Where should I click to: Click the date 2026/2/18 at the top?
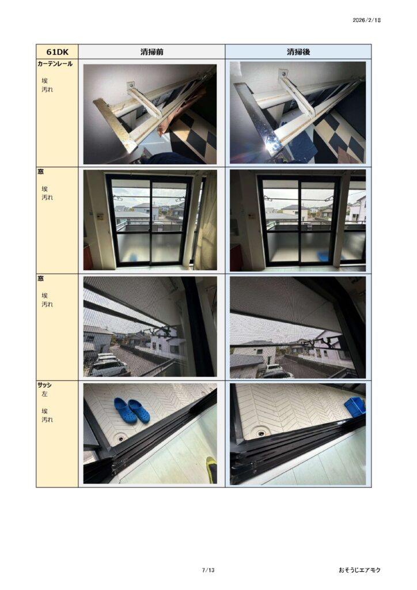tap(366, 20)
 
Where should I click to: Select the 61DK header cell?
tap(57, 51)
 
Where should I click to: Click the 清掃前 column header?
tap(151, 51)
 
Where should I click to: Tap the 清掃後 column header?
tap(298, 51)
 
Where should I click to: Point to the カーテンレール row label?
tap(55, 64)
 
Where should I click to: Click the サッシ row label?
tap(44, 385)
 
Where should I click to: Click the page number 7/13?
tap(208, 570)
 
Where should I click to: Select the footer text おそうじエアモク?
tap(359, 570)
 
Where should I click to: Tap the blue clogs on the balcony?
tap(132, 410)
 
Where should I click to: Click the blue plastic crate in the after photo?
tap(355, 406)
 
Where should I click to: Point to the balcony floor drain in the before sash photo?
tap(121, 438)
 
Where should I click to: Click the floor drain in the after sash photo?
tap(260, 433)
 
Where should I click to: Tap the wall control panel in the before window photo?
tap(100, 217)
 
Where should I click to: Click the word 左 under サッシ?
tap(45, 394)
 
